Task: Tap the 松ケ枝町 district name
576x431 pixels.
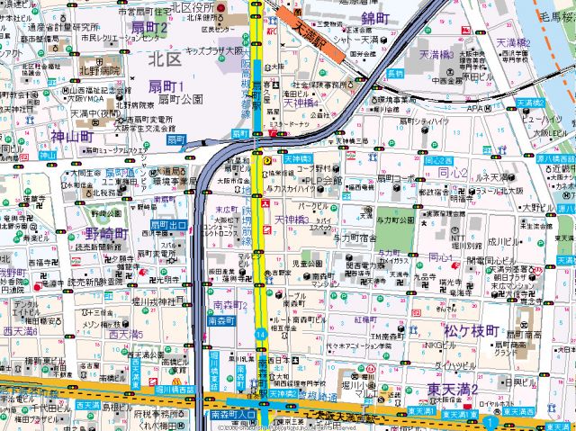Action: (466, 331)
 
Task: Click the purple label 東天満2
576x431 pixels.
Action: (452, 388)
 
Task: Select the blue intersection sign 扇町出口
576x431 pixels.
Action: (168, 224)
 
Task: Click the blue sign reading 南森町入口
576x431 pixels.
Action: (232, 415)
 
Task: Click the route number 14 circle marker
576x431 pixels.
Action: (260, 335)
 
